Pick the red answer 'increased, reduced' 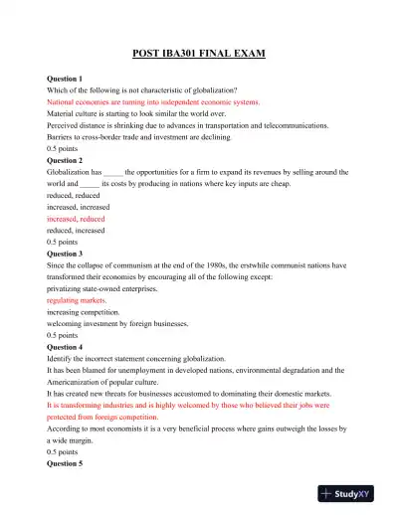pyautogui.click(x=76, y=219)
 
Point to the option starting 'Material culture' pyautogui.click(x=145, y=113)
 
